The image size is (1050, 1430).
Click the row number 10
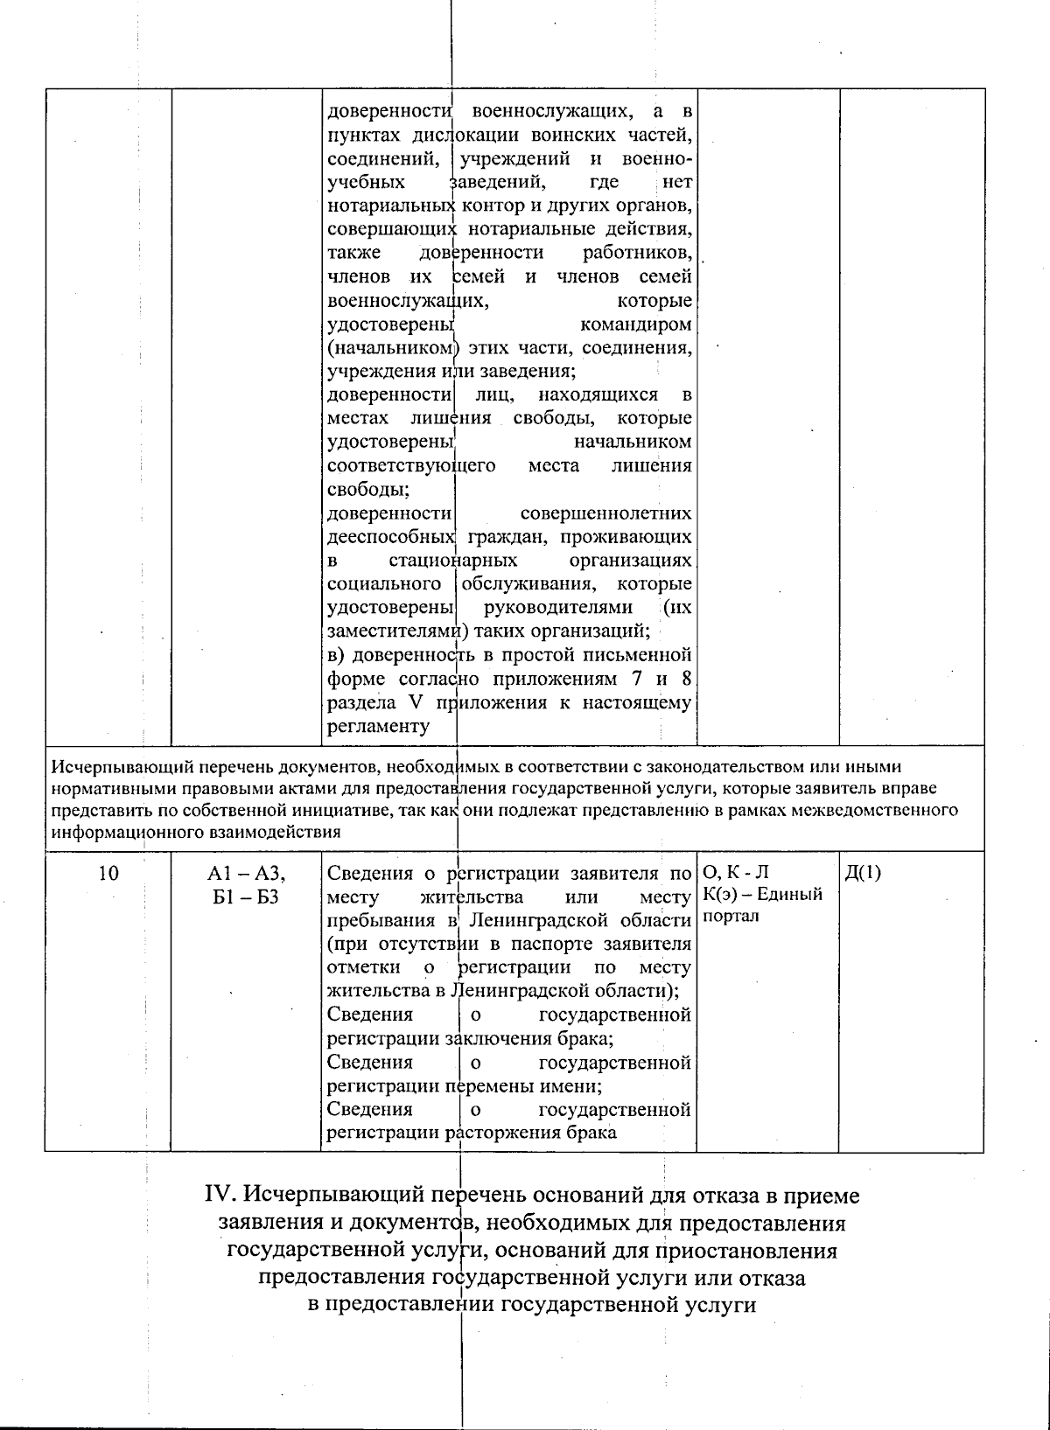[x=108, y=873]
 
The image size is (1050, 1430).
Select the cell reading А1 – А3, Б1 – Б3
[x=246, y=884]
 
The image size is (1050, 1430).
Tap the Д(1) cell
[x=864, y=873]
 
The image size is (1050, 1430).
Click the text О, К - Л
[x=735, y=873]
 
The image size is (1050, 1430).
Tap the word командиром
[x=636, y=324]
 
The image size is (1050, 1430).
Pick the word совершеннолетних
[x=605, y=513]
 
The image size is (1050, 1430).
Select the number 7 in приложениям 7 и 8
[x=635, y=679]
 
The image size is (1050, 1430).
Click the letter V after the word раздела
[x=415, y=702]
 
